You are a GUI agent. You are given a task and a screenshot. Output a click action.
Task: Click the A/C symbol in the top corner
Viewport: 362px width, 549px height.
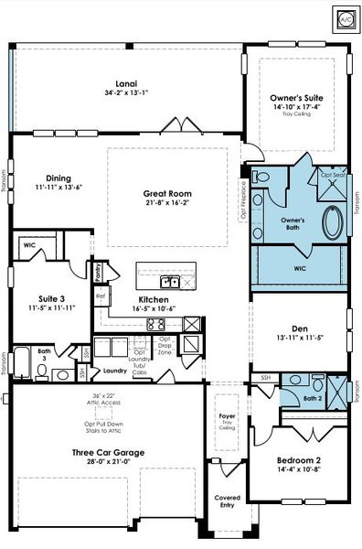346,17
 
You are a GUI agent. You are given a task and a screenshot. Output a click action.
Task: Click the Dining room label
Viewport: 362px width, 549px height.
59,178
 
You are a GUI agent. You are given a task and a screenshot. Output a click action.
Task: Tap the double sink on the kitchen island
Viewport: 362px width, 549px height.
169,281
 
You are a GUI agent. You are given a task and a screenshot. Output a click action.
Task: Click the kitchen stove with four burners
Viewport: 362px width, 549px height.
193,323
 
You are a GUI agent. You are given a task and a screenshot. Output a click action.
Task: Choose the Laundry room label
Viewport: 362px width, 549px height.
114,371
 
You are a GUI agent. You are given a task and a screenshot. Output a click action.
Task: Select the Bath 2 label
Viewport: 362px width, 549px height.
313,398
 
